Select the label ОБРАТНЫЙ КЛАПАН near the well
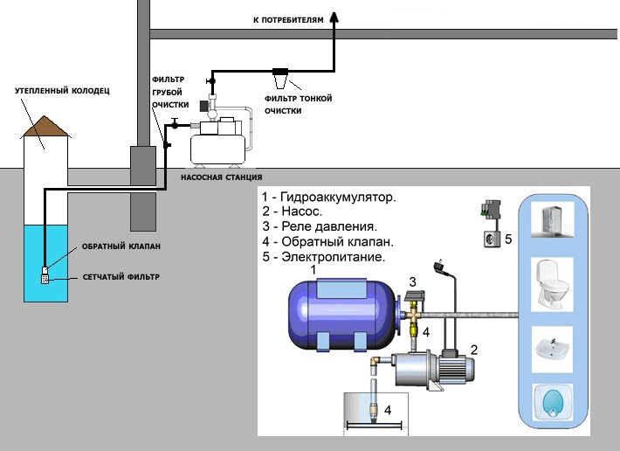(122, 246)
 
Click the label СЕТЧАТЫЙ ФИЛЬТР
(121, 277)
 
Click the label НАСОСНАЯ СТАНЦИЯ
(221, 177)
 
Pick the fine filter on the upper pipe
(282, 77)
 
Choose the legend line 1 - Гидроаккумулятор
(328, 198)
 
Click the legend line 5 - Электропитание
(323, 258)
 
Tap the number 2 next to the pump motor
(473, 350)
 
